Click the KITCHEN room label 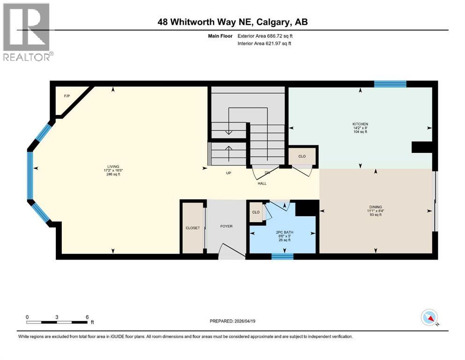click(360, 124)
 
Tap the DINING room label click(375, 207)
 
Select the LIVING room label click(113, 166)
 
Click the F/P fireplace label click(66, 96)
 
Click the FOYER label click(226, 226)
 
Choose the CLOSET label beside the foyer click(192, 228)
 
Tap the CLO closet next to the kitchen click(302, 156)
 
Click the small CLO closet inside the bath click(256, 212)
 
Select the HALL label click(262, 183)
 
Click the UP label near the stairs click(229, 172)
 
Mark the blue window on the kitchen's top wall click(390, 84)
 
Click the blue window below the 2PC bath click(282, 256)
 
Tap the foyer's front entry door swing click(230, 251)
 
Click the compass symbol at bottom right click(429, 318)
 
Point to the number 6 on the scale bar click(87, 316)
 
